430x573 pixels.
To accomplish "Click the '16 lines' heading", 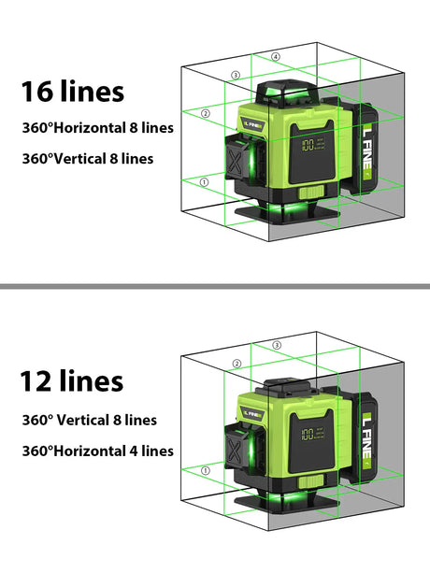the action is pyautogui.click(x=73, y=91).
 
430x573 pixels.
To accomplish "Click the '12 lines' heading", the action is pyautogui.click(x=72, y=380).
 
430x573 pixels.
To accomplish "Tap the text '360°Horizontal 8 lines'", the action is pyautogui.click(x=98, y=128).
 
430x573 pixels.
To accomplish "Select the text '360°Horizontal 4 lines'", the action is pyautogui.click(x=98, y=451).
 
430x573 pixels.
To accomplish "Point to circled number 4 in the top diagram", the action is pyautogui.click(x=276, y=57).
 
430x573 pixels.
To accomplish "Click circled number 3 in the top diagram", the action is pyautogui.click(x=236, y=76).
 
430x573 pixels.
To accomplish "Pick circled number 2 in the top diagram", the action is pyautogui.click(x=206, y=114).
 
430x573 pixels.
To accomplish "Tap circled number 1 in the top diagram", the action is pyautogui.click(x=204, y=182).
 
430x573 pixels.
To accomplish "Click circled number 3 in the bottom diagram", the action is pyautogui.click(x=277, y=345).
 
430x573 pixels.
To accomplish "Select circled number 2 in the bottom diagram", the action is pyautogui.click(x=237, y=364).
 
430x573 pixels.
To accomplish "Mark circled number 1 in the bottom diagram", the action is pyautogui.click(x=206, y=470).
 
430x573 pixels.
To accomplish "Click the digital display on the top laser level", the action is pyautogui.click(x=313, y=145).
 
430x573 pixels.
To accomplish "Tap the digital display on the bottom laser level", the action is pyautogui.click(x=313, y=434).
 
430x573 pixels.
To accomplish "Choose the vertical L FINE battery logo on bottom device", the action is pyautogui.click(x=367, y=440).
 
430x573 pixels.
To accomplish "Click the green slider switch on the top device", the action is pyautogui.click(x=311, y=193).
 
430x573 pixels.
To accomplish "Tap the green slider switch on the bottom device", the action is pyautogui.click(x=311, y=481).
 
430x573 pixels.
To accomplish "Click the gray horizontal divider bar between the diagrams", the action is pyautogui.click(x=215, y=286).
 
